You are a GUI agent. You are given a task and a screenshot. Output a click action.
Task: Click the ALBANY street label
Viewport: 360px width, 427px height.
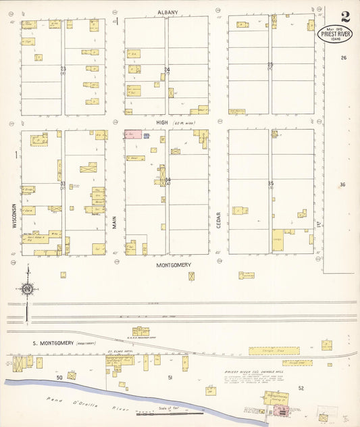[168, 12]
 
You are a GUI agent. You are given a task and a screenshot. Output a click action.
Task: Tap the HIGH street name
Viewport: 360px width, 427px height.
[162, 122]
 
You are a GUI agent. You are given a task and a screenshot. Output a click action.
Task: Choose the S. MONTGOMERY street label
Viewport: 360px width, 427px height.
[53, 343]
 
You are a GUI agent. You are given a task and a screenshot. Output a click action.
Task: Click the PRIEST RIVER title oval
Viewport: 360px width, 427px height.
[335, 34]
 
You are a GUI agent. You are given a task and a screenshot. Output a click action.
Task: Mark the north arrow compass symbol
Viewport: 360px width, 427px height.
[27, 289]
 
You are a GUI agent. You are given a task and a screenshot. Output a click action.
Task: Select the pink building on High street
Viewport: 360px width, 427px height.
[133, 134]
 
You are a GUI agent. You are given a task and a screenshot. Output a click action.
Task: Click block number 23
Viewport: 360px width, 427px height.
[63, 69]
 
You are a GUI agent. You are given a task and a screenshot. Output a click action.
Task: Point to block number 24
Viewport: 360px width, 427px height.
[167, 70]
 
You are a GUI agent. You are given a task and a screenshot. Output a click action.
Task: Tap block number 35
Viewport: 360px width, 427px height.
[270, 183]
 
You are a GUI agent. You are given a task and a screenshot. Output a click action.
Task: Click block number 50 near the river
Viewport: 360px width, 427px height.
[59, 376]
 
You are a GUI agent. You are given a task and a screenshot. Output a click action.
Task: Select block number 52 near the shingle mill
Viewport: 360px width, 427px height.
[301, 388]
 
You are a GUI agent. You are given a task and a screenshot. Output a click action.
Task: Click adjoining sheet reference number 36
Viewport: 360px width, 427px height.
[342, 184]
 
